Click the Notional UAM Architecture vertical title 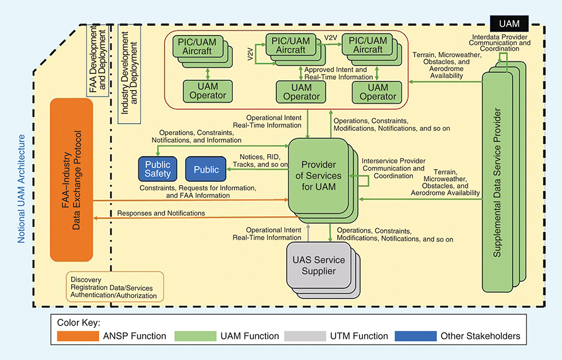[22, 189]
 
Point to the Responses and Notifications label [161, 213]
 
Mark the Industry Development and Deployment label [130, 72]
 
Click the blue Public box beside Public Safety [206, 169]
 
